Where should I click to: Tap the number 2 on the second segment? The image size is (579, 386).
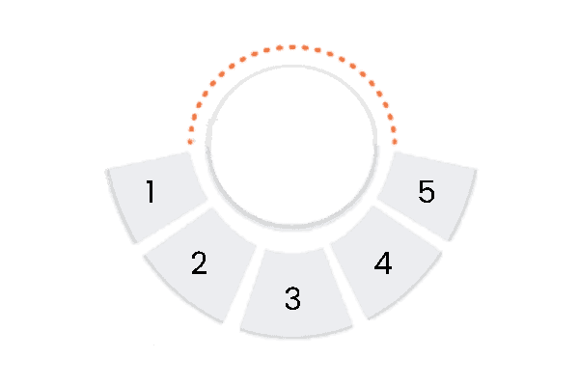pyautogui.click(x=199, y=262)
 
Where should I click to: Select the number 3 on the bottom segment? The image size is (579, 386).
pyautogui.click(x=293, y=298)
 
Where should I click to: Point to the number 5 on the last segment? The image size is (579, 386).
pyautogui.click(x=427, y=192)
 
